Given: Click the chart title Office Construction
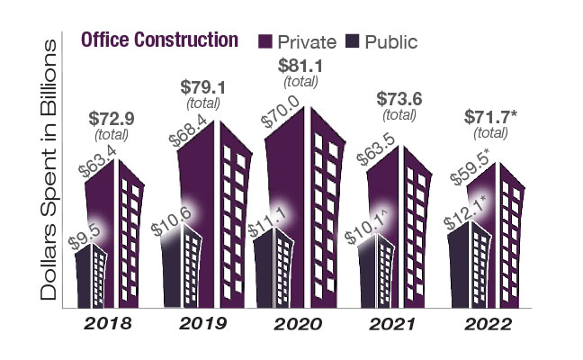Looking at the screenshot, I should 158,40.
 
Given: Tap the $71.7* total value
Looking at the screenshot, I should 491,117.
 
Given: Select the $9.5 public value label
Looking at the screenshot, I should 83,239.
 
